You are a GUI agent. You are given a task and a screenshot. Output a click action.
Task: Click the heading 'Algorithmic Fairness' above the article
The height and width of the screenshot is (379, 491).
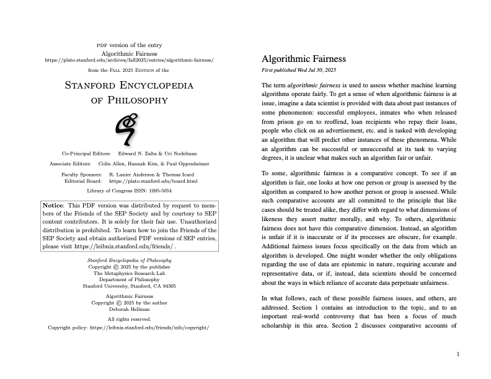pos(304,59)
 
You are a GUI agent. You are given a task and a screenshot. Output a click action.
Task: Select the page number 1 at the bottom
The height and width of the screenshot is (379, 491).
pos(458,354)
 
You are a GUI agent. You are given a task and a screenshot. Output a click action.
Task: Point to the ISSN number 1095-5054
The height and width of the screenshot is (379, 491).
pos(157,191)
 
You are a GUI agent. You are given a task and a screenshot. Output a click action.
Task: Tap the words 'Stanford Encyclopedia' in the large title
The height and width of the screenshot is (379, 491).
pos(129,85)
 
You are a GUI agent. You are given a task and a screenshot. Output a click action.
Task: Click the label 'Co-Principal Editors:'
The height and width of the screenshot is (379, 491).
pos(86,153)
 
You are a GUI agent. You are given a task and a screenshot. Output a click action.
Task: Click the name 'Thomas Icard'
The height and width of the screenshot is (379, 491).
pos(181,175)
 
